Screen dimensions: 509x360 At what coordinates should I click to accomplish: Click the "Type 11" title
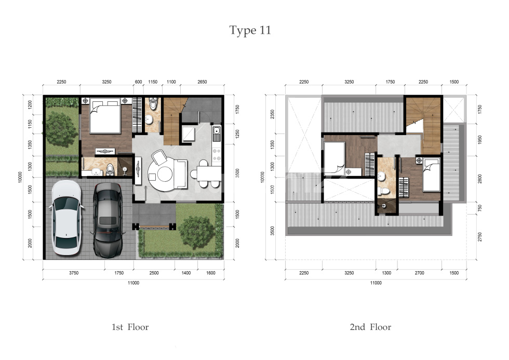tap(250, 31)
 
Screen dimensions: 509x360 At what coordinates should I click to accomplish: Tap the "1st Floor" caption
tap(130, 327)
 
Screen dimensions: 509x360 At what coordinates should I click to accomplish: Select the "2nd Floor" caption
tap(370, 327)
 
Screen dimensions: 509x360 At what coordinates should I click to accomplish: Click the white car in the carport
tap(66, 218)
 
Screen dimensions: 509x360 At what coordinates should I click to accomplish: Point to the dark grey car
tap(108, 220)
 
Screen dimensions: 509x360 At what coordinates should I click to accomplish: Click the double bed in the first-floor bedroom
tap(105, 115)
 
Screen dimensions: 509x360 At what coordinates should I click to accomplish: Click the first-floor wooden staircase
tap(173, 121)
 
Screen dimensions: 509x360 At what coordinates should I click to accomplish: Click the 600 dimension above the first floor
tap(138, 82)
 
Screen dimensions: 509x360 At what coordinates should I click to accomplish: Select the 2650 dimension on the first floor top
tap(202, 82)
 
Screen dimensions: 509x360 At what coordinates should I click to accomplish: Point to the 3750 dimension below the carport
tap(74, 273)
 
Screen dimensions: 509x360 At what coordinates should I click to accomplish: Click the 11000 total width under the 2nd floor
tap(376, 283)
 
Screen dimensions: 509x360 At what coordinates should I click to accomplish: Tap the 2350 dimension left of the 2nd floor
tap(272, 114)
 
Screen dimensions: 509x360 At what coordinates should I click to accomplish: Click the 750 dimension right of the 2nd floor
tap(480, 208)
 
